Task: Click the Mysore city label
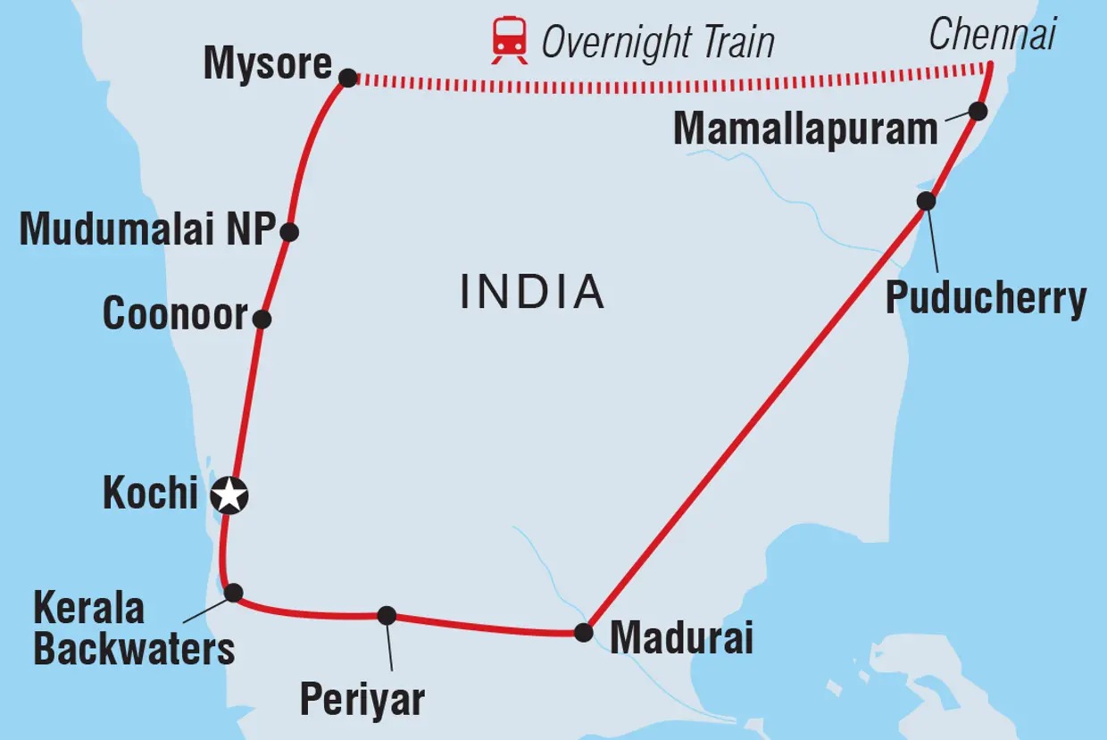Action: click(267, 65)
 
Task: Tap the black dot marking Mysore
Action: click(348, 79)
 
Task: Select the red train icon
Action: click(509, 41)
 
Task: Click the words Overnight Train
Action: click(658, 42)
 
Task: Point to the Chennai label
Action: click(992, 35)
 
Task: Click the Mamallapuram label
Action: click(805, 129)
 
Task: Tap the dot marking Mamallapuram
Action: click(978, 112)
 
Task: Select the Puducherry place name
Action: click(986, 298)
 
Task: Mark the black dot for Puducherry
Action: click(927, 201)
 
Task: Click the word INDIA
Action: click(532, 292)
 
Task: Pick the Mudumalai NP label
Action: click(146, 230)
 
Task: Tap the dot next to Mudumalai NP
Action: click(288, 232)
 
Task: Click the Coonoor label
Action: click(175, 314)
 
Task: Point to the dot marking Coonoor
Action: click(262, 319)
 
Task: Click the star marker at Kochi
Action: click(230, 495)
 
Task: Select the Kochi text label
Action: click(150, 493)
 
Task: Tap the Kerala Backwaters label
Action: click(134, 628)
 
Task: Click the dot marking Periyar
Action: click(387, 615)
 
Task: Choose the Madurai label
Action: click(681, 638)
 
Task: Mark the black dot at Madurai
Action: click(583, 633)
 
